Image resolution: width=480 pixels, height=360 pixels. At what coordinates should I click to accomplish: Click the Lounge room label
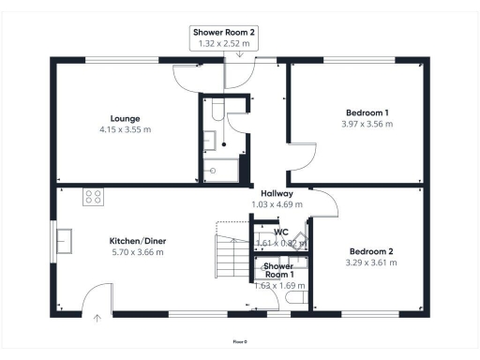point(125,118)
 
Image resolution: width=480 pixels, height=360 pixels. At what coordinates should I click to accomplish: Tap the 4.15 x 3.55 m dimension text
point(125,129)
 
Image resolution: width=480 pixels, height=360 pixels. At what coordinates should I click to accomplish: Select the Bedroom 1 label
point(367,112)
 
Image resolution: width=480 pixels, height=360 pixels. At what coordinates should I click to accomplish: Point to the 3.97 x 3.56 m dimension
point(367,124)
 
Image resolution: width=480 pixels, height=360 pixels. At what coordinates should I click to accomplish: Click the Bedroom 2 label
point(372,251)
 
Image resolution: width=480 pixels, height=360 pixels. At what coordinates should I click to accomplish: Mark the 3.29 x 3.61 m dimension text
point(372,262)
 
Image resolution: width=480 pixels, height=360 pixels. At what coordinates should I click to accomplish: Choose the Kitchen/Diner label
point(138,241)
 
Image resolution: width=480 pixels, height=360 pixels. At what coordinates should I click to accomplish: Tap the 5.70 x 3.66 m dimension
point(138,252)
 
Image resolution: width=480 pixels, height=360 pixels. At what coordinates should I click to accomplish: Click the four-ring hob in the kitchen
point(94,197)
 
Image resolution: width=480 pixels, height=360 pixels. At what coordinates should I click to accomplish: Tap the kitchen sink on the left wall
point(65,241)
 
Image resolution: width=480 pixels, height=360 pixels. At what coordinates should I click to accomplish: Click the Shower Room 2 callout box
point(224,37)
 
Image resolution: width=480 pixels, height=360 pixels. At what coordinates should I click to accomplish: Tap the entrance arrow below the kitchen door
point(97,318)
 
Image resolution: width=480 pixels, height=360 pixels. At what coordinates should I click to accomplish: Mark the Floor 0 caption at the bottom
point(240,342)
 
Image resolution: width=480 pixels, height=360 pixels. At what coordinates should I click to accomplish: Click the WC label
point(280,232)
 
